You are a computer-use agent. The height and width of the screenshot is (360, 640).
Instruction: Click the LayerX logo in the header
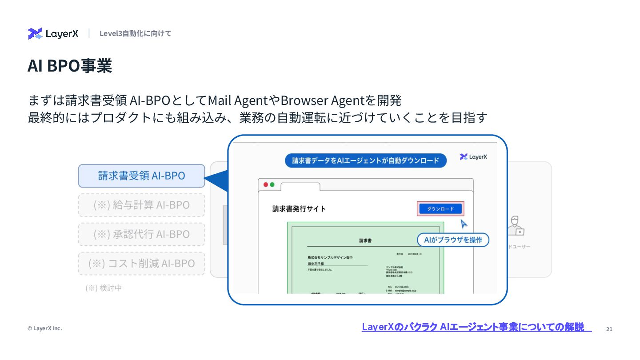(x=53, y=33)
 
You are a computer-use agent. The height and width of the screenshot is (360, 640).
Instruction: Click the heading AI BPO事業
(x=70, y=66)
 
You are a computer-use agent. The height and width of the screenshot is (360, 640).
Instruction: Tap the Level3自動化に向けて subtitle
(x=135, y=33)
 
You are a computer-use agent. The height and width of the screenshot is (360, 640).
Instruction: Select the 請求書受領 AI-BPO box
(x=141, y=176)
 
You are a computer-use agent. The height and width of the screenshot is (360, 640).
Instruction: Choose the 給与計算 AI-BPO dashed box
(x=141, y=205)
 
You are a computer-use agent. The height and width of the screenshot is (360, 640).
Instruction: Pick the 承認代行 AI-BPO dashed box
(x=141, y=234)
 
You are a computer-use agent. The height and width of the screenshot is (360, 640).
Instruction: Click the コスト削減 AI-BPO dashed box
(x=141, y=263)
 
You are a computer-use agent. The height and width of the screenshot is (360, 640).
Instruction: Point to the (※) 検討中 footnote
(x=104, y=288)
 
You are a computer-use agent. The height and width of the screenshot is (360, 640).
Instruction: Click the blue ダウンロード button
(x=440, y=209)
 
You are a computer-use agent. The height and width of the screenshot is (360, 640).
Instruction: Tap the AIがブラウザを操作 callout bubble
(x=453, y=240)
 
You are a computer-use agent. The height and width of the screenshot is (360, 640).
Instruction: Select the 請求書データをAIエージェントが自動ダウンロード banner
(x=365, y=160)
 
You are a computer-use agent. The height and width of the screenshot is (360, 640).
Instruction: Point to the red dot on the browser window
(x=266, y=184)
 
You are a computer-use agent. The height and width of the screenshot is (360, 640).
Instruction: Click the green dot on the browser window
(x=272, y=184)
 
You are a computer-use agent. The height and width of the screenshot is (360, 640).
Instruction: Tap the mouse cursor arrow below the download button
(x=464, y=224)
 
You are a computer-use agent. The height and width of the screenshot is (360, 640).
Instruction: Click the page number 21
(x=609, y=329)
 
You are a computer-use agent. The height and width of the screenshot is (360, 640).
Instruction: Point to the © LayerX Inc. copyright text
(x=44, y=328)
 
